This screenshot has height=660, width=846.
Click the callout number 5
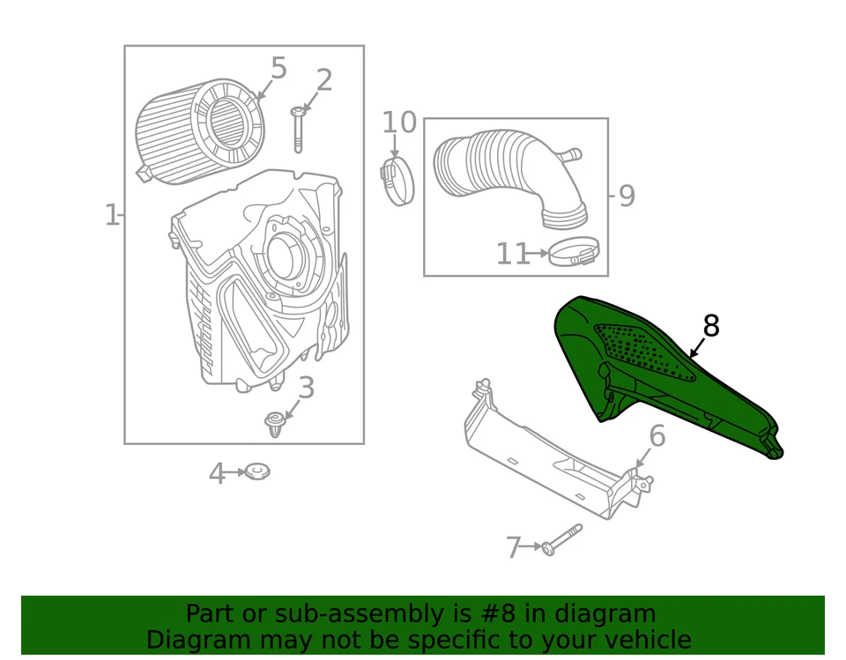(x=278, y=68)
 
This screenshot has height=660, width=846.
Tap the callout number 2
(x=324, y=80)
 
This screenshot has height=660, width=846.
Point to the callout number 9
(x=626, y=195)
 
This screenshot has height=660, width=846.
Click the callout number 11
(x=512, y=254)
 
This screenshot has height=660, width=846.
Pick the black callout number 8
(x=710, y=326)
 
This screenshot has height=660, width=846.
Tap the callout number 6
(x=657, y=435)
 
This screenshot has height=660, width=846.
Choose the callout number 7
(x=514, y=547)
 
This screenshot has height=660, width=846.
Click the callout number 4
(x=217, y=474)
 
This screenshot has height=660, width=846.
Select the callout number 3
(x=306, y=387)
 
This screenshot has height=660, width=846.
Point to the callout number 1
(x=112, y=214)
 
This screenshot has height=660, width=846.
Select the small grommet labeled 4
(x=257, y=472)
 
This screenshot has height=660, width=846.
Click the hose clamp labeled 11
(x=574, y=253)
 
